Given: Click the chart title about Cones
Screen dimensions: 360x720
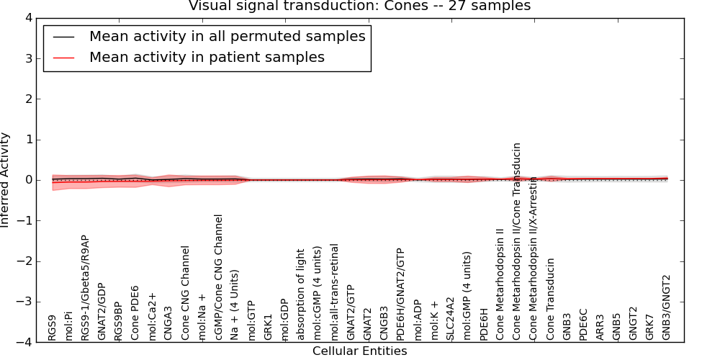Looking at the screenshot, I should tap(359, 6).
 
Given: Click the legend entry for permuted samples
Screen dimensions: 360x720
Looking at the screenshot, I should tap(227, 36).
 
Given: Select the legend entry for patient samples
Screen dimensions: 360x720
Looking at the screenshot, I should tap(207, 57).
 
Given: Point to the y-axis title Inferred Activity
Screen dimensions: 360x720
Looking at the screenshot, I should tap(6, 180).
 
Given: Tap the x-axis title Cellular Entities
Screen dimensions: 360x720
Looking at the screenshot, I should tap(359, 351).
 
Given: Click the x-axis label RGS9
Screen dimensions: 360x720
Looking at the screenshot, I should tap(52, 328).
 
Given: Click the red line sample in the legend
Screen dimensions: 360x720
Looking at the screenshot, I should tap(63, 57).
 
